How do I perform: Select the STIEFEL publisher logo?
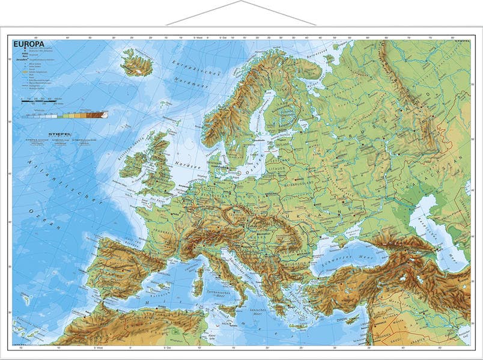click(59, 135)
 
